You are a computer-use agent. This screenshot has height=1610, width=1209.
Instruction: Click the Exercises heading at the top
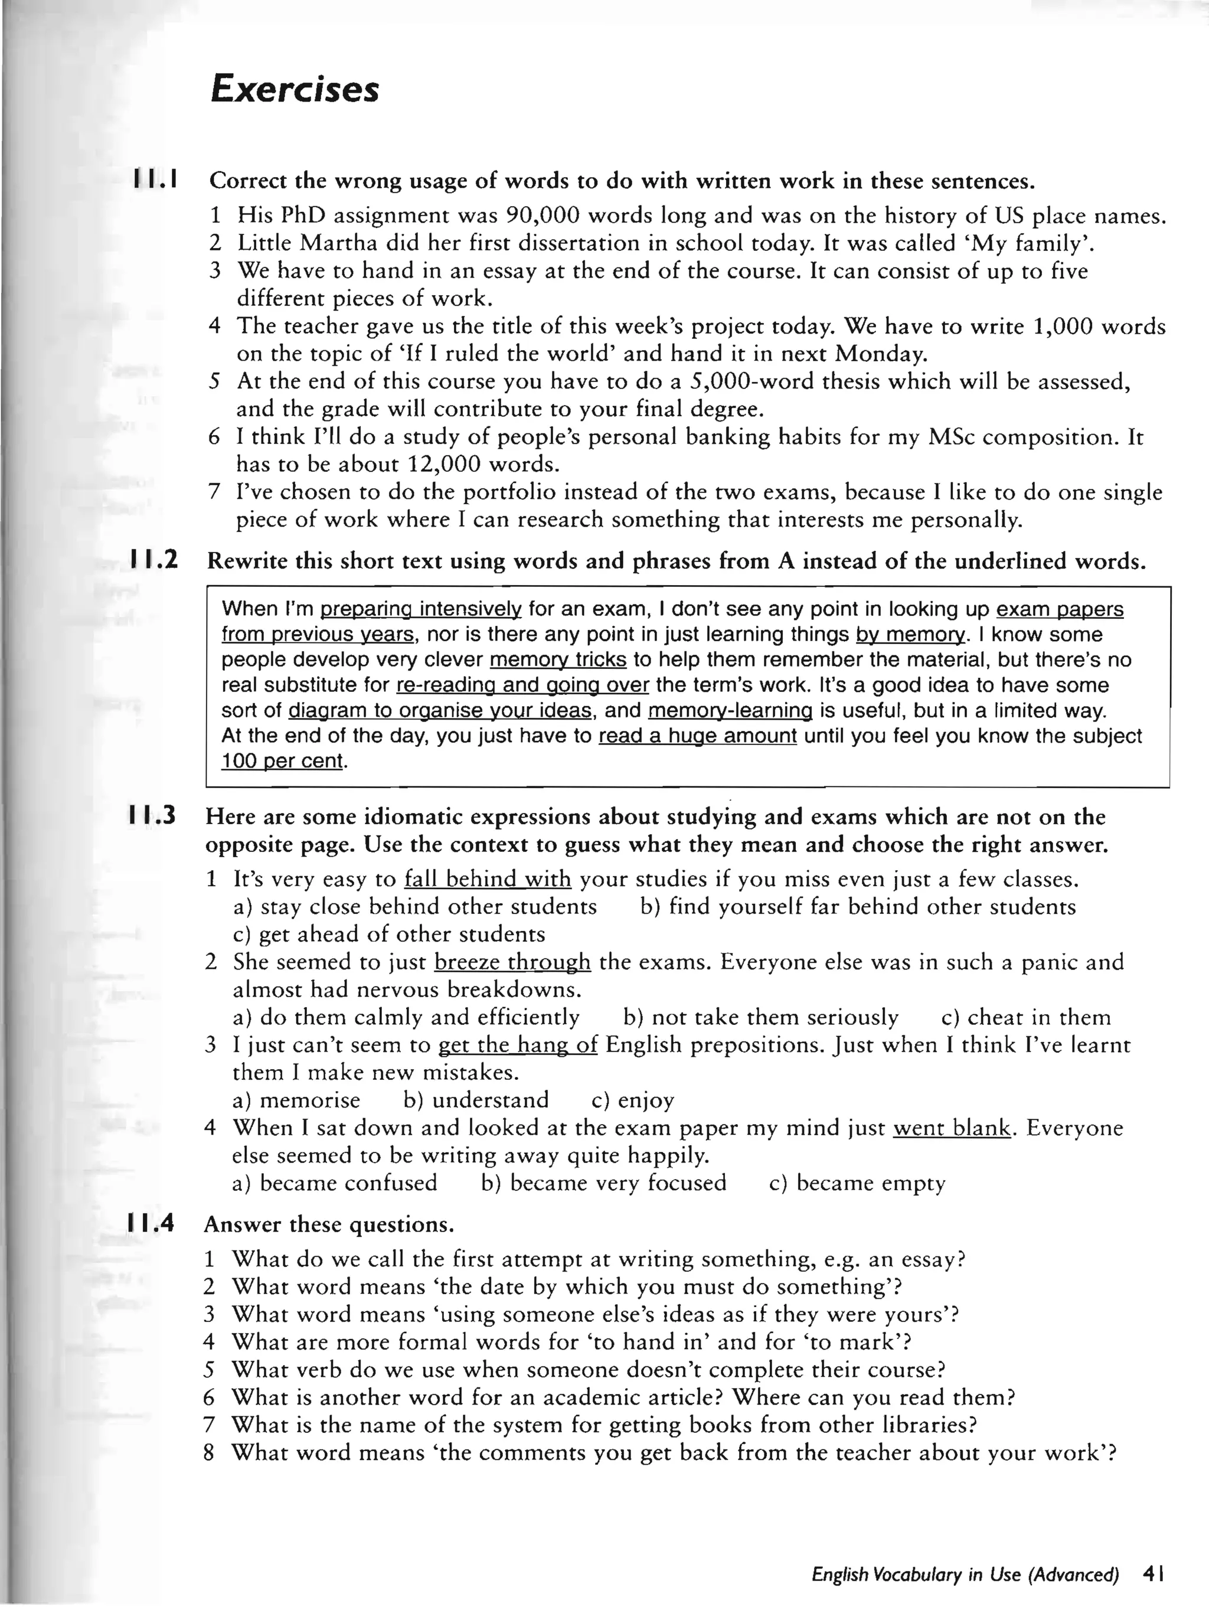(294, 91)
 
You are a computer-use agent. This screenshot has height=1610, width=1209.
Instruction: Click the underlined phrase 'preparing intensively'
(421, 609)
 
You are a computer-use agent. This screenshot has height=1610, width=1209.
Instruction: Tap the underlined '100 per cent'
(282, 762)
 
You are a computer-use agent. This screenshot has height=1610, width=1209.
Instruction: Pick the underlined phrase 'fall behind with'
(488, 879)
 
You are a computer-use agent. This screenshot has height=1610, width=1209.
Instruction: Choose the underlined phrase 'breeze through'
(512, 962)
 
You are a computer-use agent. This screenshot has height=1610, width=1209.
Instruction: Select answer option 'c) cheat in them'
(1025, 1017)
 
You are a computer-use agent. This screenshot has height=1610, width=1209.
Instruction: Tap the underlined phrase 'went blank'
(952, 1128)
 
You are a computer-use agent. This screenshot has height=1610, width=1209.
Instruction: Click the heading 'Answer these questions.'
(328, 1225)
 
